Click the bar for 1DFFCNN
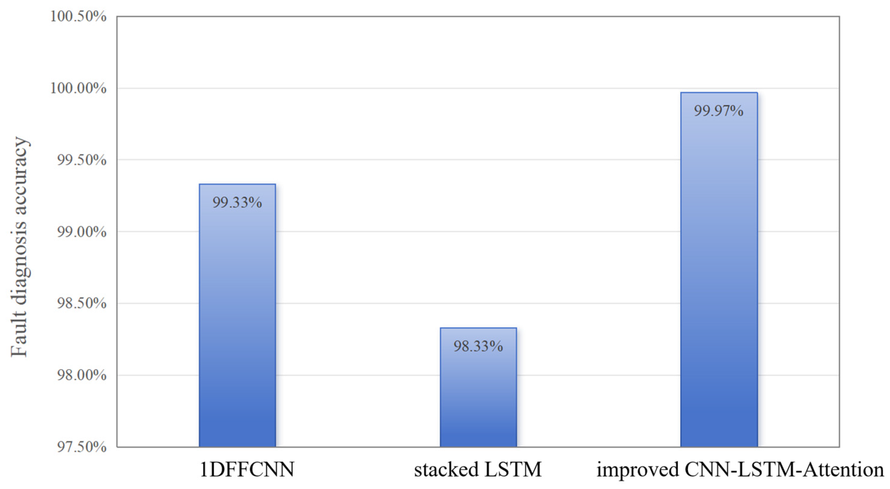(x=237, y=316)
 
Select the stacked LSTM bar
(x=479, y=387)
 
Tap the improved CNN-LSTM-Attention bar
(x=719, y=270)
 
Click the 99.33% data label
(x=237, y=202)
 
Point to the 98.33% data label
(x=479, y=346)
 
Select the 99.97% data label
(x=719, y=111)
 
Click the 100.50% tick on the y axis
(x=79, y=16)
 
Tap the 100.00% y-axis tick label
(x=79, y=88)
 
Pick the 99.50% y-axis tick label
(x=81, y=160)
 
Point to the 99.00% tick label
(x=81, y=232)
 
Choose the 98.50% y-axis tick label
(x=81, y=303)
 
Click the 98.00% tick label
(x=81, y=375)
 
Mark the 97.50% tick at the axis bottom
(x=81, y=447)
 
